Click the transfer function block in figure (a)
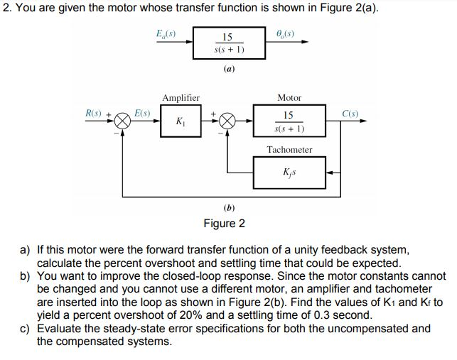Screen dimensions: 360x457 (229, 43)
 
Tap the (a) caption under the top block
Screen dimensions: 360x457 (229, 70)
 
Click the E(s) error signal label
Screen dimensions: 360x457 (141, 113)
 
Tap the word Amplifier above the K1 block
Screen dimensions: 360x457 (181, 97)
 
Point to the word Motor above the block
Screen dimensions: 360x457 (289, 97)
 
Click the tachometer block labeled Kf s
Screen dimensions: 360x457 (289, 173)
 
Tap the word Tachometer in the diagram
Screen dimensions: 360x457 (289, 149)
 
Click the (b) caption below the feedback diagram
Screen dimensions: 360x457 (229, 208)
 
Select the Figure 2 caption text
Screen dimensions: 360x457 (224, 224)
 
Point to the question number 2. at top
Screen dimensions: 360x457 (6, 8)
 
